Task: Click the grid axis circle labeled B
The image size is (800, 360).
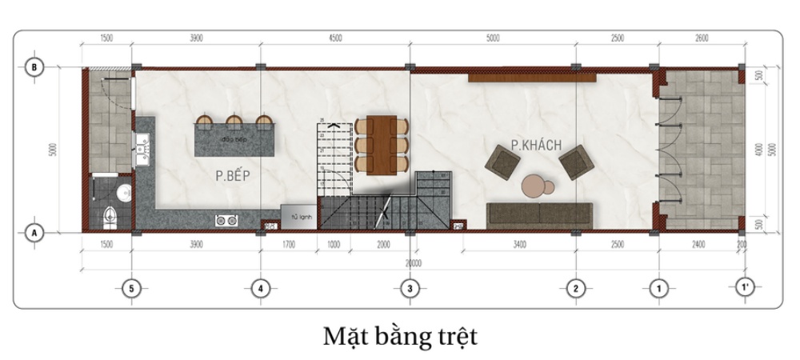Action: click(x=34, y=67)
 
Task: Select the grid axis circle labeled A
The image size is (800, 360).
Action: click(x=34, y=232)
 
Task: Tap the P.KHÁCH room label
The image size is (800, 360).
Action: click(x=536, y=146)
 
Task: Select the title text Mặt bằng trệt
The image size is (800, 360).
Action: click(x=400, y=335)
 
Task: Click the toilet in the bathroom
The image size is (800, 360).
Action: click(x=111, y=215)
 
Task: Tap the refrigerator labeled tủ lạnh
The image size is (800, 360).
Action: click(x=298, y=217)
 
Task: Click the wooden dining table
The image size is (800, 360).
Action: click(x=382, y=144)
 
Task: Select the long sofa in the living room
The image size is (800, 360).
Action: click(x=539, y=212)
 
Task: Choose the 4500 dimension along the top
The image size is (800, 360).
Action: click(x=335, y=38)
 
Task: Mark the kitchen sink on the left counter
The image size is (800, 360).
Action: click(x=142, y=146)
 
